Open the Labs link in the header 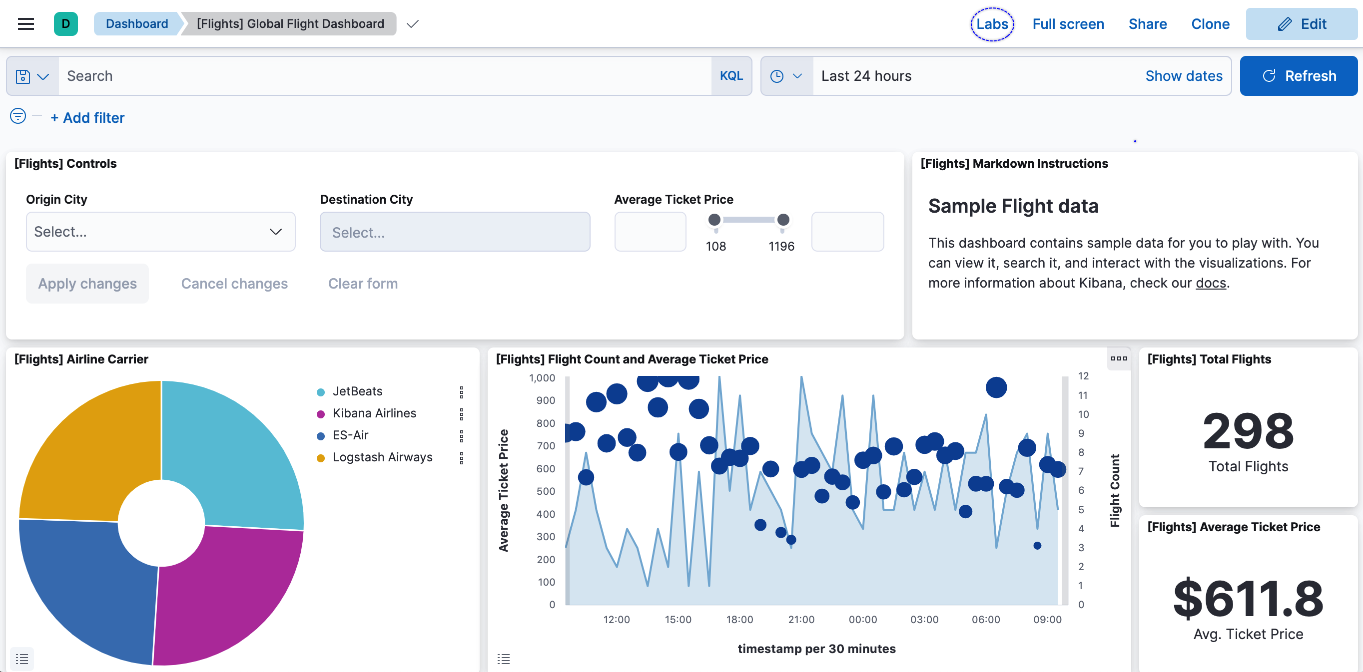point(992,24)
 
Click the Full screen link point(1068,24)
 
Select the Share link point(1147,24)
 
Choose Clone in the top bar point(1210,24)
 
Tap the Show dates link point(1183,75)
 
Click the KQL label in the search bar point(730,75)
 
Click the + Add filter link point(87,117)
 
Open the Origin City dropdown point(160,232)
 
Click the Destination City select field point(455,232)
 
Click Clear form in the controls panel point(362,284)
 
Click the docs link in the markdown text point(1210,283)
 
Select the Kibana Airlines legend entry point(374,413)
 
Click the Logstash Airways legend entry point(382,457)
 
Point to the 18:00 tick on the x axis point(739,619)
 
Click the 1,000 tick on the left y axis point(542,378)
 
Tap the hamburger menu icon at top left point(26,24)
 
